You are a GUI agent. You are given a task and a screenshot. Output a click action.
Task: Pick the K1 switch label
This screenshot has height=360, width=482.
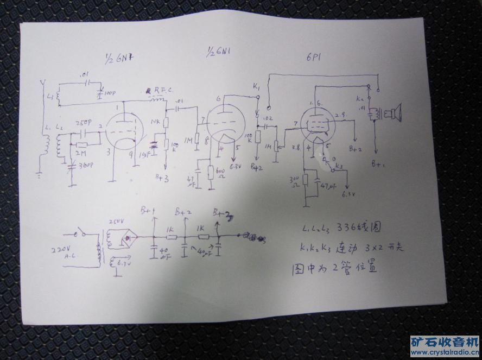(256, 87)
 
